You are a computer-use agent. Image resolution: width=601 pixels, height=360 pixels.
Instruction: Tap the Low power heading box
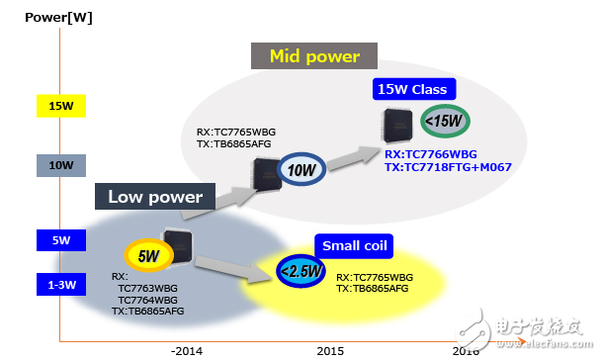[155, 197]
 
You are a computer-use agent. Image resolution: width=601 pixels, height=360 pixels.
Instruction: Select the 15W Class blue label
[414, 90]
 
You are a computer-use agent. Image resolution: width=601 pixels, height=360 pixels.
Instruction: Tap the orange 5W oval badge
[148, 256]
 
